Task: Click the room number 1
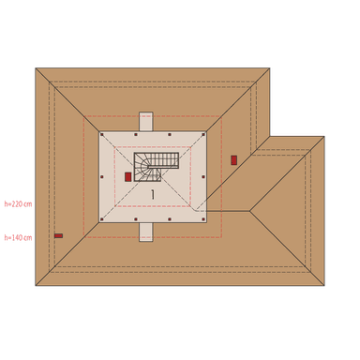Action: pyautogui.click(x=152, y=193)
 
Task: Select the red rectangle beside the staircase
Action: pyautogui.click(x=128, y=176)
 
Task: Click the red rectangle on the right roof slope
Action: pyautogui.click(x=233, y=160)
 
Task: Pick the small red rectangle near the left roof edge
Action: pyautogui.click(x=58, y=235)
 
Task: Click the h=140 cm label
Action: pyautogui.click(x=17, y=237)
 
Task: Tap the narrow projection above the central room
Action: pyautogui.click(x=145, y=122)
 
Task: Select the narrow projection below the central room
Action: pyautogui.click(x=145, y=232)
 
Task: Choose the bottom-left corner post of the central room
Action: pyautogui.click(x=101, y=220)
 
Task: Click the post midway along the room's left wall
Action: pyautogui.click(x=101, y=176)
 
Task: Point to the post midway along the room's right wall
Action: pyautogui.click(x=203, y=176)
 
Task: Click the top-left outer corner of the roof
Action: pyautogui.click(x=36, y=67)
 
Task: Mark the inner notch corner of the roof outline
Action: pyautogui.click(x=270, y=136)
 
